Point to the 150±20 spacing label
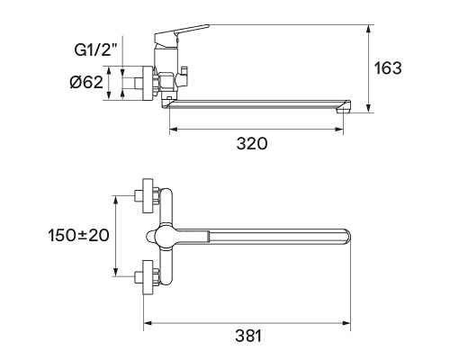pyautogui.click(x=77, y=235)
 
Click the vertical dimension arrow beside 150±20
pyautogui.click(x=116, y=235)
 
